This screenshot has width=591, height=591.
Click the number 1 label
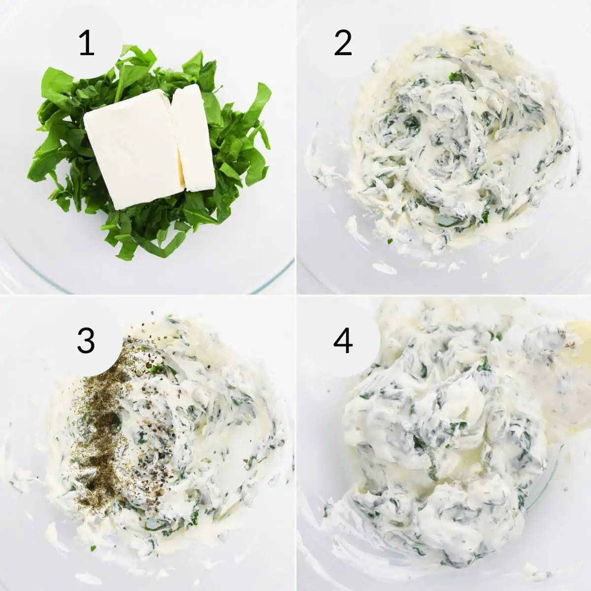[87, 43]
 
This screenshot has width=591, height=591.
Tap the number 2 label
[343, 43]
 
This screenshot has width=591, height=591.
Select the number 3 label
[86, 340]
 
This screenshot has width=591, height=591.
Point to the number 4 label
[343, 340]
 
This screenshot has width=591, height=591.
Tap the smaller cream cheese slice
[193, 138]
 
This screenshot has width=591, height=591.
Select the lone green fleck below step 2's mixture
[390, 241]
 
